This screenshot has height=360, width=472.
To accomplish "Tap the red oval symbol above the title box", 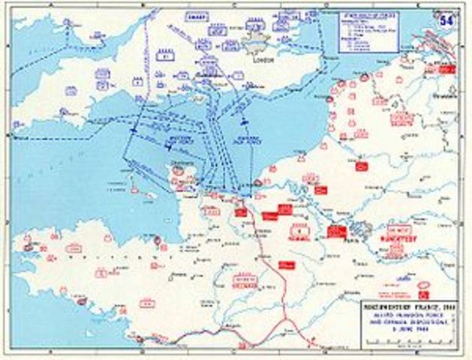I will point(424,286).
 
